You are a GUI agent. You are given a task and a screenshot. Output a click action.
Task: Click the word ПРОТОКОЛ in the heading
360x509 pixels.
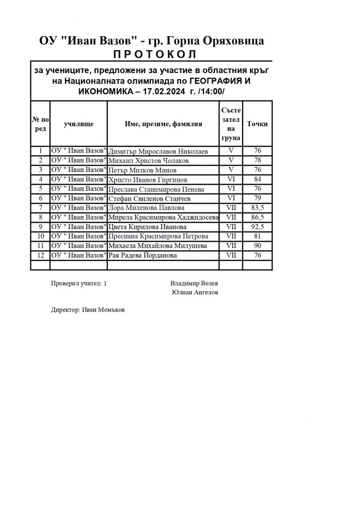pos(152,54)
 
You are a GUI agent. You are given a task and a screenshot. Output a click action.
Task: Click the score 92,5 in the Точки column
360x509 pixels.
pos(258,227)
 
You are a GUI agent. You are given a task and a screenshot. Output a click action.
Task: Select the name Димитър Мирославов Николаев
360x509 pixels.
pos(158,152)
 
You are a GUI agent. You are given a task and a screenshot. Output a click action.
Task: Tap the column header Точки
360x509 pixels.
pos(258,124)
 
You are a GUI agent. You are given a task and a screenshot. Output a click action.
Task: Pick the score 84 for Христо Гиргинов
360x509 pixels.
pos(258,179)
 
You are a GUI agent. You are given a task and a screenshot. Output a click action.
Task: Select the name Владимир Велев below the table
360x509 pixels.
pos(193,283)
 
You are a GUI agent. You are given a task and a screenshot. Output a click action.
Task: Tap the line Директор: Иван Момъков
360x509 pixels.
pos(88,309)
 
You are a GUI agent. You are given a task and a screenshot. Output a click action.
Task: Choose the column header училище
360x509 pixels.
pos(79,124)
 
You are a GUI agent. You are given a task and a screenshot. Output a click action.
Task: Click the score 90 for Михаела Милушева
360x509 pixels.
pos(258,246)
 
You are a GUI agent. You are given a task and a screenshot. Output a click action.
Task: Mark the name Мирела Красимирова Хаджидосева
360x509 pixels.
pos(163,217)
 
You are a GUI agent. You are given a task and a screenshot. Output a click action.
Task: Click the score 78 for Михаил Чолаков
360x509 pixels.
pos(258,161)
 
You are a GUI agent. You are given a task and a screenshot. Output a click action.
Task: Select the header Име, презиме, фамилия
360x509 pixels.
pos(163,124)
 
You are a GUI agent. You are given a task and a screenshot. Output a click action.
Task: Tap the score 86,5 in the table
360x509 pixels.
pos(258,217)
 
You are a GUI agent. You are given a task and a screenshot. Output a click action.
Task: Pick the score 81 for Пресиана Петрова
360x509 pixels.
pos(258,236)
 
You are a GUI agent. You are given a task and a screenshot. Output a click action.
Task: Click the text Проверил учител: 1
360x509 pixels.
pos(79,283)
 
